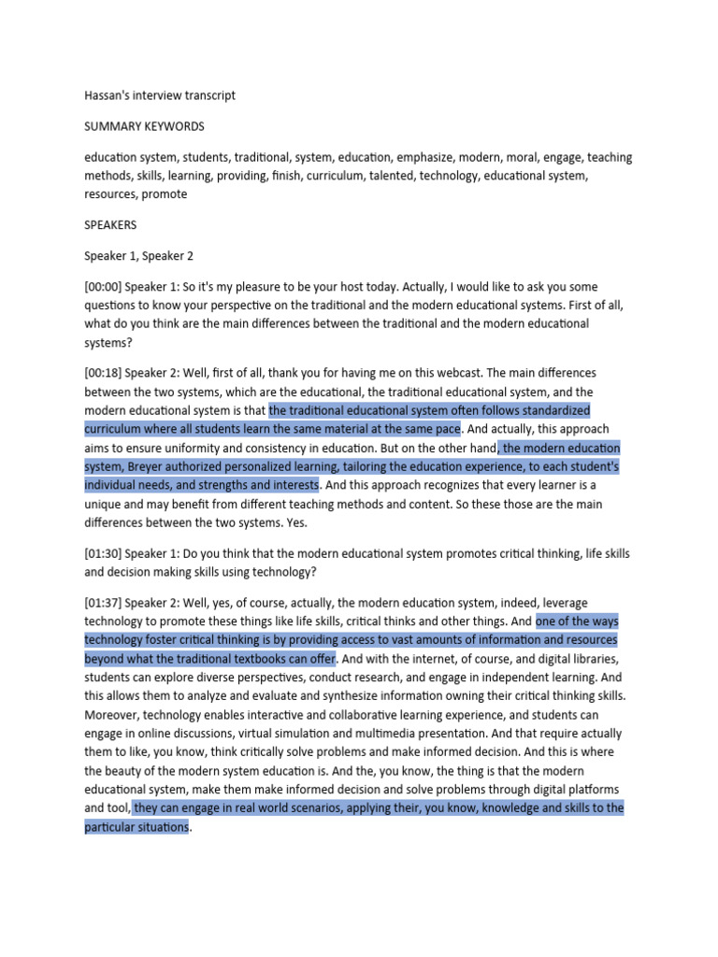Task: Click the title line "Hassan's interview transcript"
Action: (x=160, y=95)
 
